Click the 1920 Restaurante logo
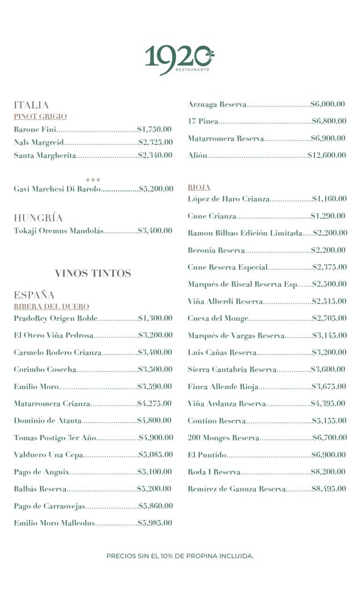click(x=179, y=58)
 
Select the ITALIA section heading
click(x=31, y=105)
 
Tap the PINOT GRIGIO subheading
click(x=41, y=116)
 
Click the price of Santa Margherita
click(x=155, y=155)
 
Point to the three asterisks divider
click(x=93, y=180)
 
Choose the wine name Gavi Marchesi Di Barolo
click(x=57, y=189)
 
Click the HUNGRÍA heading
click(x=38, y=218)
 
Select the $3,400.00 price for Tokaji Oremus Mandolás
click(x=155, y=230)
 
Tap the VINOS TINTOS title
click(x=93, y=273)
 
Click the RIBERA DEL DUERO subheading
click(x=52, y=306)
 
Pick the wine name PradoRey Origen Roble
click(x=56, y=318)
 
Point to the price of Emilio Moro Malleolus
click(x=155, y=523)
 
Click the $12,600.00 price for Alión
click(x=326, y=155)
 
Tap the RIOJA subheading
click(x=199, y=188)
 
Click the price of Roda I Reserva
click(x=329, y=472)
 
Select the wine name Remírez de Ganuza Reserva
click(x=236, y=489)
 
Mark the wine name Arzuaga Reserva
click(x=216, y=104)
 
